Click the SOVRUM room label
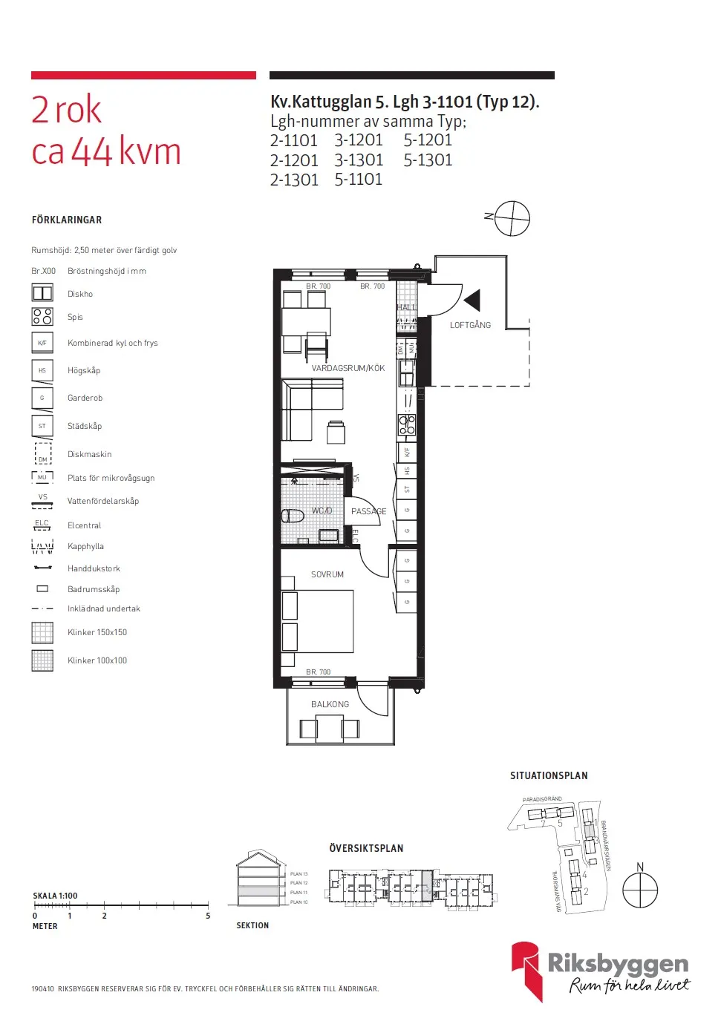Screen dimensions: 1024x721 click(x=327, y=574)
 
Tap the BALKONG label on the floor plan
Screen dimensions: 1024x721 click(x=330, y=704)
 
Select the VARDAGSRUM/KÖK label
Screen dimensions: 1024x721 click(x=348, y=368)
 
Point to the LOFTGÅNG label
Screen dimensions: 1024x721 click(x=470, y=325)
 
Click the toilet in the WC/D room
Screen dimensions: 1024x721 click(x=293, y=515)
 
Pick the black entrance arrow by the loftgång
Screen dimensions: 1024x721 click(x=472, y=300)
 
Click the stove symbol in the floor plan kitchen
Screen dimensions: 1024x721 click(x=407, y=424)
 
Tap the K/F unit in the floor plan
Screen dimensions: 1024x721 click(x=407, y=451)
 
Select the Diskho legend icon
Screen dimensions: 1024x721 click(x=42, y=293)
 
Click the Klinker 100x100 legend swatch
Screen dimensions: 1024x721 click(x=42, y=660)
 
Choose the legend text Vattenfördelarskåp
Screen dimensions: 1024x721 click(x=103, y=501)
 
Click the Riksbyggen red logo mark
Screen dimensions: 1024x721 click(x=526, y=968)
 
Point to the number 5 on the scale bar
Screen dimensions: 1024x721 click(x=208, y=916)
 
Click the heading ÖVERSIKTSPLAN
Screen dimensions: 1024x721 click(x=366, y=848)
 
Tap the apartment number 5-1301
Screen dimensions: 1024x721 click(x=428, y=160)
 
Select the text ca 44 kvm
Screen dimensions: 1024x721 click(x=106, y=152)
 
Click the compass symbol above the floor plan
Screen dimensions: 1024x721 click(x=512, y=219)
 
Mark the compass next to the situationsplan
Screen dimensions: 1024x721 click(x=639, y=890)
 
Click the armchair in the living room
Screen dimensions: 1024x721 click(x=336, y=433)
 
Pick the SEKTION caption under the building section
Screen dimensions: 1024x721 click(x=252, y=925)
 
